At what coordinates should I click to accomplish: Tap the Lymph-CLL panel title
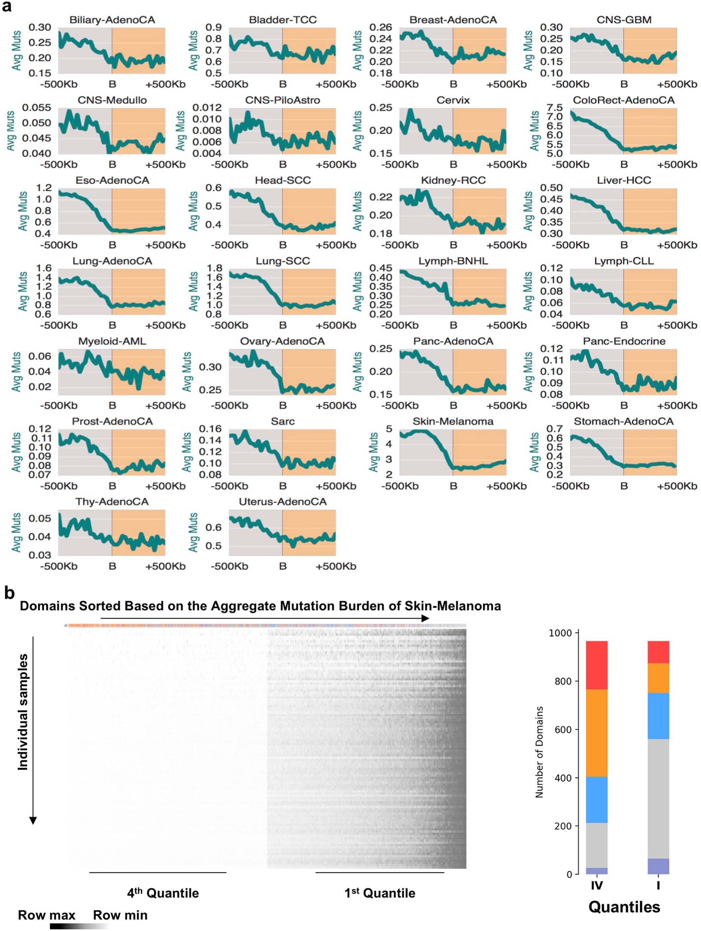[x=624, y=261]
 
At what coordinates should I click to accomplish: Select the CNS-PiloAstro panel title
[x=282, y=100]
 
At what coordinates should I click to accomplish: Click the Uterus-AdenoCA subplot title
[x=282, y=502]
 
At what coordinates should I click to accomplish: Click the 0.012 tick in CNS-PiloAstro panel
[x=207, y=108]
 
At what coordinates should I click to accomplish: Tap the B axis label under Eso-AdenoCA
[x=112, y=245]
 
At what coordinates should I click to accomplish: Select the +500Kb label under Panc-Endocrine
[x=677, y=406]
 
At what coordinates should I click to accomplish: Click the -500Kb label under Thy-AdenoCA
[x=59, y=566]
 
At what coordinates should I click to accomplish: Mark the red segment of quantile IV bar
[x=596, y=665]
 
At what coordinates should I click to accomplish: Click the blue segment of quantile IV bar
[x=596, y=800]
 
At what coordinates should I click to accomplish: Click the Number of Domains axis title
[x=539, y=752]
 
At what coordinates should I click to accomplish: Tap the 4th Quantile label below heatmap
[x=163, y=893]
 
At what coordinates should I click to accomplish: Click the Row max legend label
[x=46, y=915]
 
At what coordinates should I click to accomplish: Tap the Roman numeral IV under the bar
[x=596, y=885]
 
